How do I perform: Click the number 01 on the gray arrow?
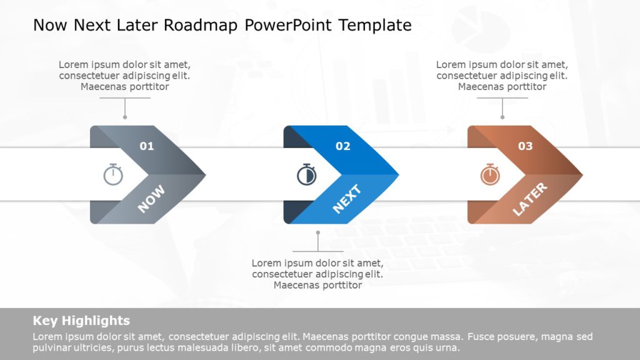coord(146,146)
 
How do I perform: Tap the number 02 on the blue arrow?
coord(342,146)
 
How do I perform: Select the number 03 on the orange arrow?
coord(525,146)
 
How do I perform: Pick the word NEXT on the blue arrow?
coord(346,199)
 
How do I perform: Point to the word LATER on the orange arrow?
coord(529,199)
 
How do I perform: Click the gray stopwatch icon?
coord(113,174)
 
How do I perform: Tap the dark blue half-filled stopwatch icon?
coord(306,174)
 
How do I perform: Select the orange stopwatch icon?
coord(490,174)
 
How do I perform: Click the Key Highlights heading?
coord(81,321)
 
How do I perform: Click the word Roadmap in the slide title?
coord(210,25)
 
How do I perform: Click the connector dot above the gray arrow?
coord(125,117)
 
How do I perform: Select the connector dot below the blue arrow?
coord(317,232)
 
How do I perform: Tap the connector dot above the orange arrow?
coord(502,117)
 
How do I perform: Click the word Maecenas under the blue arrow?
coord(295,285)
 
